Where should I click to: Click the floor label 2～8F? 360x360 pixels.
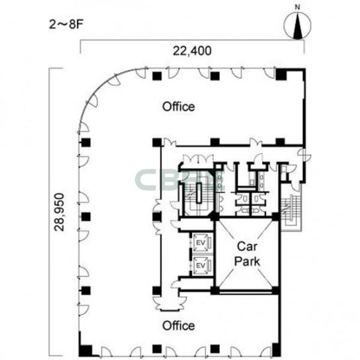[x=66, y=24]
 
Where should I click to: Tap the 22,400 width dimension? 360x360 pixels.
[x=192, y=51]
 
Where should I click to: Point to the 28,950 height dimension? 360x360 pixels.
[x=59, y=212]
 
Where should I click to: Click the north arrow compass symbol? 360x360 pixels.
[x=298, y=25]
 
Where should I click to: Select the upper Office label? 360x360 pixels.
[x=179, y=107]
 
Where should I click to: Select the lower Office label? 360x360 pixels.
[x=179, y=326]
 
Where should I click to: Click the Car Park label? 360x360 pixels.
[x=247, y=254]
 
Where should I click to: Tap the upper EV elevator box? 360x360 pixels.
[x=201, y=242]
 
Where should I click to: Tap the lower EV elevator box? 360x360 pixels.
[x=201, y=265]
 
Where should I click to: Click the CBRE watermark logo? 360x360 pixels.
[x=180, y=181]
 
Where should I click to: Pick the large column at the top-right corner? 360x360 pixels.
[x=281, y=75]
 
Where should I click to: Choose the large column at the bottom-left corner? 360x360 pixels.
[x=85, y=350]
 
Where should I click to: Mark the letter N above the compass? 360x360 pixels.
[x=298, y=7]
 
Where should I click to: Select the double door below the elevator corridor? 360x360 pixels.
[x=169, y=304]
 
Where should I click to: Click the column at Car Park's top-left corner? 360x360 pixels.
[x=215, y=216]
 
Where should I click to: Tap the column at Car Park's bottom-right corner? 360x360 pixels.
[x=276, y=291]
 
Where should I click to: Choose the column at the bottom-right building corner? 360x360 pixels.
[x=277, y=350]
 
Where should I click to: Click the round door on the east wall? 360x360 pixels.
[x=304, y=155]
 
